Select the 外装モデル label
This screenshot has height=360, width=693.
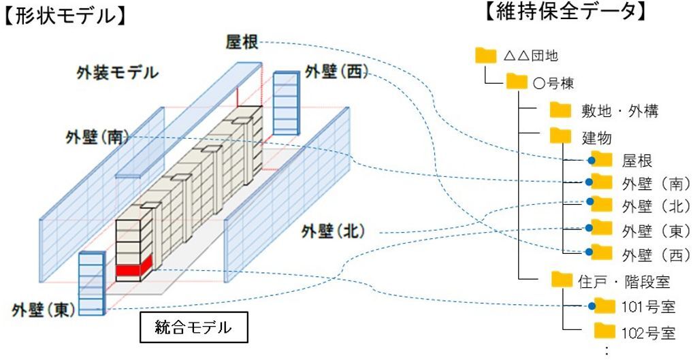118,72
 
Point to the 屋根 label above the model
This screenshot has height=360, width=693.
242,42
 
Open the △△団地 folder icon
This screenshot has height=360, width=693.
487,55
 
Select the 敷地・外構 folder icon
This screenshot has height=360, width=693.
560,110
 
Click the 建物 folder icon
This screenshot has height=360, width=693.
560,135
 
